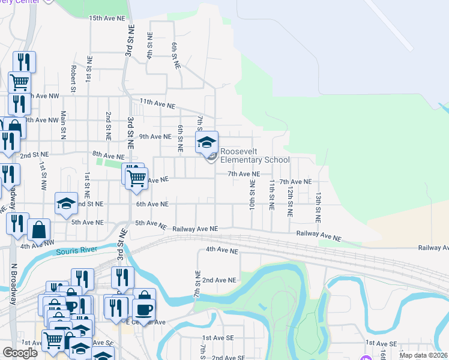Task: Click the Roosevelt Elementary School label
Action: click(x=255, y=156)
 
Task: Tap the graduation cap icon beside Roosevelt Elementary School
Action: click(x=206, y=142)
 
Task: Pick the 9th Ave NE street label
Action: click(x=155, y=136)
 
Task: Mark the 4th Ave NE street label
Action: click(x=222, y=249)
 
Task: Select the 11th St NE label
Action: click(x=272, y=194)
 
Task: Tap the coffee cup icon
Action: click(x=144, y=310)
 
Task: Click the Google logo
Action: click(x=20, y=353)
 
